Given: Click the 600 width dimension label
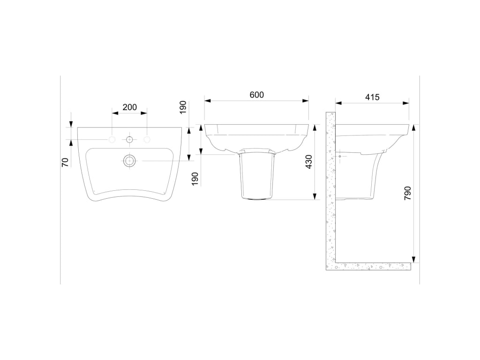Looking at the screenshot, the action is point(256,95).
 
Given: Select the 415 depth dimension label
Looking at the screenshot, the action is point(372,97).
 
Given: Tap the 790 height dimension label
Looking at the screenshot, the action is point(408,193).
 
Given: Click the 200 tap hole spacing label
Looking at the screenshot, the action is point(129,107).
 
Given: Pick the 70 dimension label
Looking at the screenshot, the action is point(65,162).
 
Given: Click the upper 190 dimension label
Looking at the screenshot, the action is point(183,107).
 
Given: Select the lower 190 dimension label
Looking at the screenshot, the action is point(195,179).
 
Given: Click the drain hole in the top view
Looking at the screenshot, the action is point(129,160).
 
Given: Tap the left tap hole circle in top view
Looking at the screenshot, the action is point(112,140).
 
